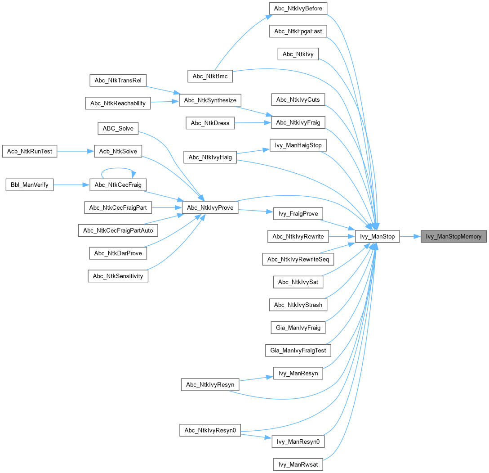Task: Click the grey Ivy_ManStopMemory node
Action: (x=453, y=236)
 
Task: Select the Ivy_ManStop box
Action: (x=377, y=236)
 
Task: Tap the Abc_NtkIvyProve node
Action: (x=209, y=207)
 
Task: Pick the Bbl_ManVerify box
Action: (x=30, y=185)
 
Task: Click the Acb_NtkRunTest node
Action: (x=30, y=151)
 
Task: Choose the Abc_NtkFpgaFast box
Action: (x=298, y=31)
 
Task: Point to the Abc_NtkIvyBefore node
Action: (x=298, y=8)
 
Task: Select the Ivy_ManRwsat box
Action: (x=298, y=464)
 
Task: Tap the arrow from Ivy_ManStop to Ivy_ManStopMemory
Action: (x=409, y=236)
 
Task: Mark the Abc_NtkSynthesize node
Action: (x=210, y=99)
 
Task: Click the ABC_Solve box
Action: (x=118, y=128)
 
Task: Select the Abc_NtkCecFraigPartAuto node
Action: (x=118, y=230)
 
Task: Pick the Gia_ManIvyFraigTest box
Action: (x=298, y=350)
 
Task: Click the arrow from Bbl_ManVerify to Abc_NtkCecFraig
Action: (x=71, y=185)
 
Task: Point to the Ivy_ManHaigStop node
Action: (x=298, y=145)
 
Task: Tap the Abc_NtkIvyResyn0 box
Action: (x=209, y=430)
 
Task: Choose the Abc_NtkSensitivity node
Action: (x=118, y=276)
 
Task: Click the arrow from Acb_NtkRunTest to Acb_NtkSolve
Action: (x=76, y=151)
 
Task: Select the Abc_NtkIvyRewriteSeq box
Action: (x=298, y=259)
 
